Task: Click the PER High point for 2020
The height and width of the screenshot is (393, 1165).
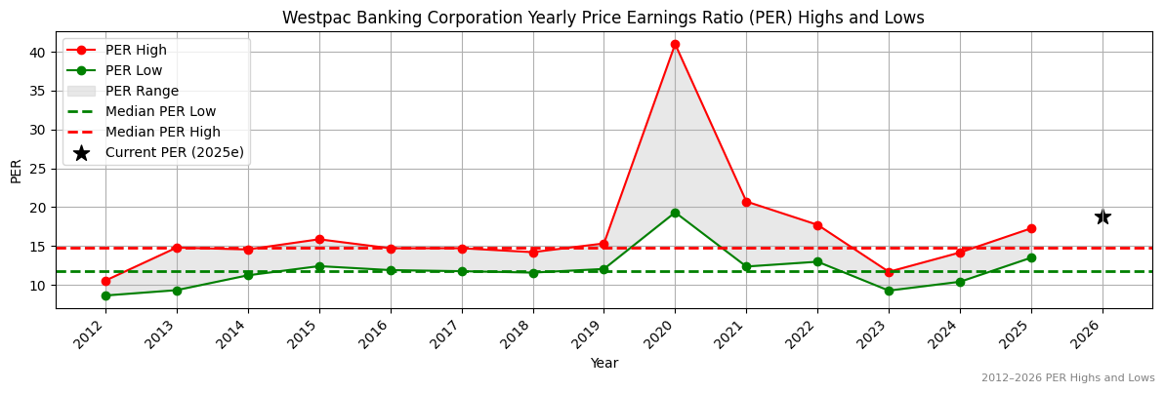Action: point(675,44)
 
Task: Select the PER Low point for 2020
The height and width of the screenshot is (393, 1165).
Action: point(675,213)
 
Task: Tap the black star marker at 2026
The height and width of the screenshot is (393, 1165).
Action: point(1103,216)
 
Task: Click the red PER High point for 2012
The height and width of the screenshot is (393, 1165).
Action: point(105,281)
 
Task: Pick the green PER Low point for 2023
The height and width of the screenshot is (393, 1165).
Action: point(889,291)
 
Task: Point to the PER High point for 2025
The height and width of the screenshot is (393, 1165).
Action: point(1031,228)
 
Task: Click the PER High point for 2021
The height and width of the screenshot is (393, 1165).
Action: point(746,202)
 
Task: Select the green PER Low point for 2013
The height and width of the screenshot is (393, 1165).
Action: point(177,290)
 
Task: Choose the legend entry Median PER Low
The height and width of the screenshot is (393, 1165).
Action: point(160,111)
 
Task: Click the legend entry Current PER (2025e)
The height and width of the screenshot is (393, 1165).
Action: point(174,152)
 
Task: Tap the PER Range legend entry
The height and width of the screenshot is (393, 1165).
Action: point(142,91)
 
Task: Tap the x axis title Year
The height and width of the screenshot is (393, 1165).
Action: point(603,363)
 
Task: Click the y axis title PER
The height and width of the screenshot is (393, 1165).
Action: point(17,171)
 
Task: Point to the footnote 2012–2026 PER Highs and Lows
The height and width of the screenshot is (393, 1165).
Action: point(1067,377)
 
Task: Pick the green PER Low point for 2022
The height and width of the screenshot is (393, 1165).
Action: point(817,261)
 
